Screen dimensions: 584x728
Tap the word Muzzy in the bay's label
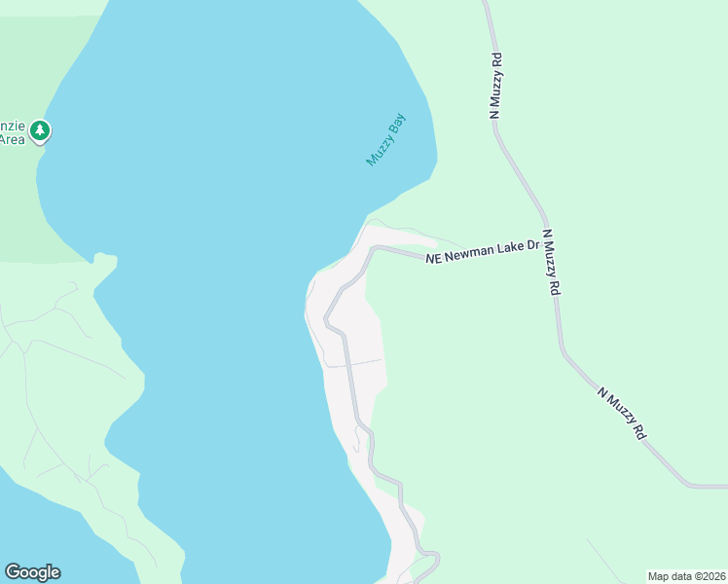pos(379,151)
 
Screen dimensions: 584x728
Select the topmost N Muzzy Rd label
pos(496,86)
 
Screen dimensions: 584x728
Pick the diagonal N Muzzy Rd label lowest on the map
pos(623,415)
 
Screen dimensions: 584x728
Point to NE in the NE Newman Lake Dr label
pos(434,258)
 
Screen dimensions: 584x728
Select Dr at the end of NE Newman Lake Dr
pos(532,246)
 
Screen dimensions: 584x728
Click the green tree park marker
pos(39,129)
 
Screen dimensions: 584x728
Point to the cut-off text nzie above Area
pos(11,125)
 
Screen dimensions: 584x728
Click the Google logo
pos(32,572)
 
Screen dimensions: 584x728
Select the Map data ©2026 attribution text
pos(686,575)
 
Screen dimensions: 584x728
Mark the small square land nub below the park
pos(105,260)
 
